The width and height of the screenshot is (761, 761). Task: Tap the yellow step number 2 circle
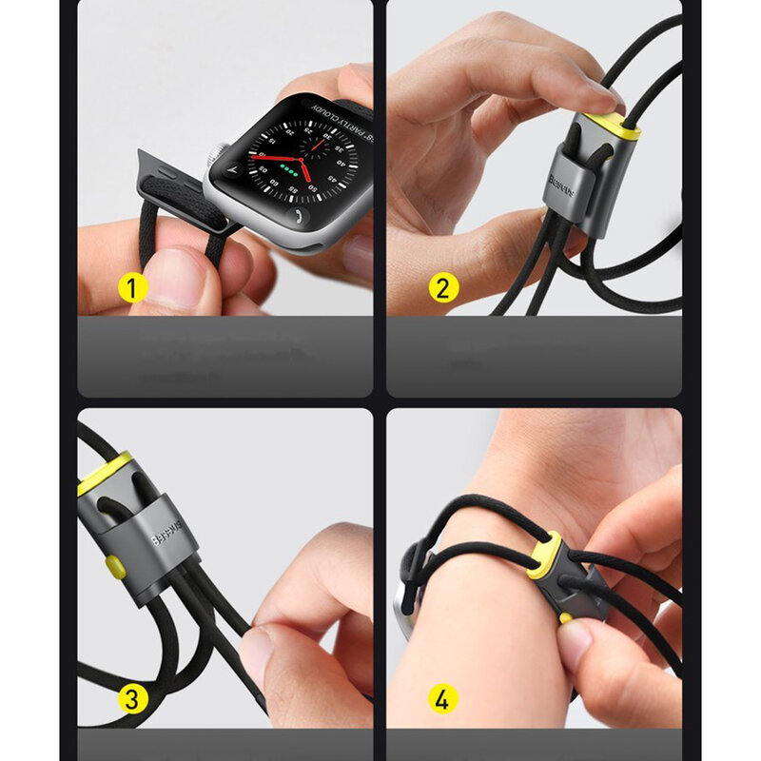[442, 287]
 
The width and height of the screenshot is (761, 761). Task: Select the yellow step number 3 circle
[133, 700]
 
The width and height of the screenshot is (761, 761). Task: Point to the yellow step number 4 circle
[442, 700]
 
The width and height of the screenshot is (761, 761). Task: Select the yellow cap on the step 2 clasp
[610, 125]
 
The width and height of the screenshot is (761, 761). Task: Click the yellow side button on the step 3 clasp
[114, 568]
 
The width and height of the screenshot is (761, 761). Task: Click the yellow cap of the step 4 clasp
[543, 561]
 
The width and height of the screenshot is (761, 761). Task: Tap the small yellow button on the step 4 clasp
[566, 617]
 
